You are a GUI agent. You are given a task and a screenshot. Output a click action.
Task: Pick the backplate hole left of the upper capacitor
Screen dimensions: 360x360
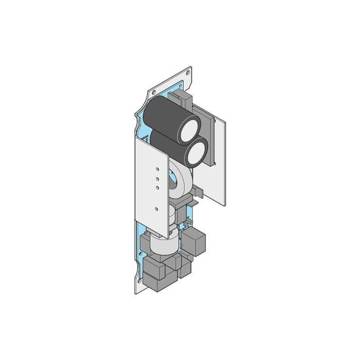(x=153, y=92)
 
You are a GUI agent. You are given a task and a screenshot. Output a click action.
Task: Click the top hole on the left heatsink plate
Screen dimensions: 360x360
(x=156, y=168)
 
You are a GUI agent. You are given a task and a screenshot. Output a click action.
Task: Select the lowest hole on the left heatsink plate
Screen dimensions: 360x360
(x=156, y=209)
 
